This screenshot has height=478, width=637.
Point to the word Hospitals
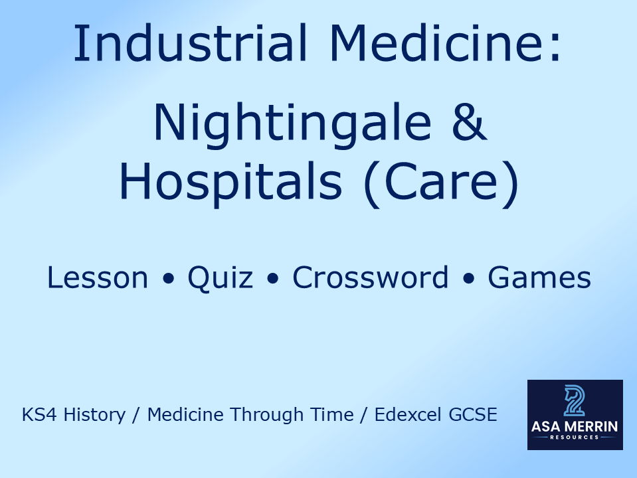tap(231, 181)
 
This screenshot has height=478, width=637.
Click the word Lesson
tap(98, 278)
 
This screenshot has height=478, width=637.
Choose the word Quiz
tap(220, 278)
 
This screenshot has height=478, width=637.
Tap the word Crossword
tap(371, 278)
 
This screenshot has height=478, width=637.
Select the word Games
tap(539, 278)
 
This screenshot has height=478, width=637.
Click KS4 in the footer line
tap(37, 416)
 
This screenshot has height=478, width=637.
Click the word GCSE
tap(475, 416)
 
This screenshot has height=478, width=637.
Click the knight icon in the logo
tap(575, 400)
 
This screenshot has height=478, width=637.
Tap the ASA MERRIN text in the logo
tap(575, 426)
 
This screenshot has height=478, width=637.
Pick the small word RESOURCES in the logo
tap(575, 438)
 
